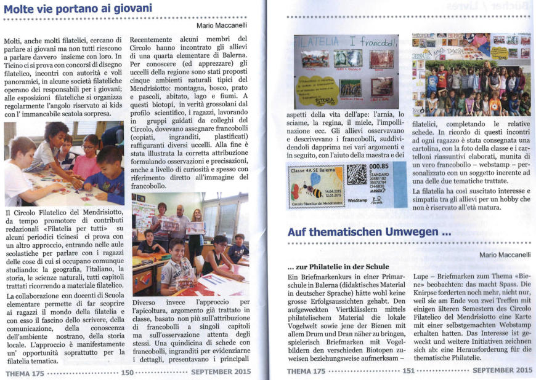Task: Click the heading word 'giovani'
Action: (x=126, y=8)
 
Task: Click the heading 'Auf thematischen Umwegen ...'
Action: (x=369, y=233)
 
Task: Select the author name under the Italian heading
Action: (x=222, y=25)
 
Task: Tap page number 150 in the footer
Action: (x=128, y=371)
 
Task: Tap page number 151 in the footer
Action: (x=408, y=371)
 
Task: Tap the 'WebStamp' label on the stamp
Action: (x=359, y=200)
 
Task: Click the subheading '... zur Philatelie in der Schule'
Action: (x=338, y=266)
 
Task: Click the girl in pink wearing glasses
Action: (x=90, y=157)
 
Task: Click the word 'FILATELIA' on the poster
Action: (x=318, y=44)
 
